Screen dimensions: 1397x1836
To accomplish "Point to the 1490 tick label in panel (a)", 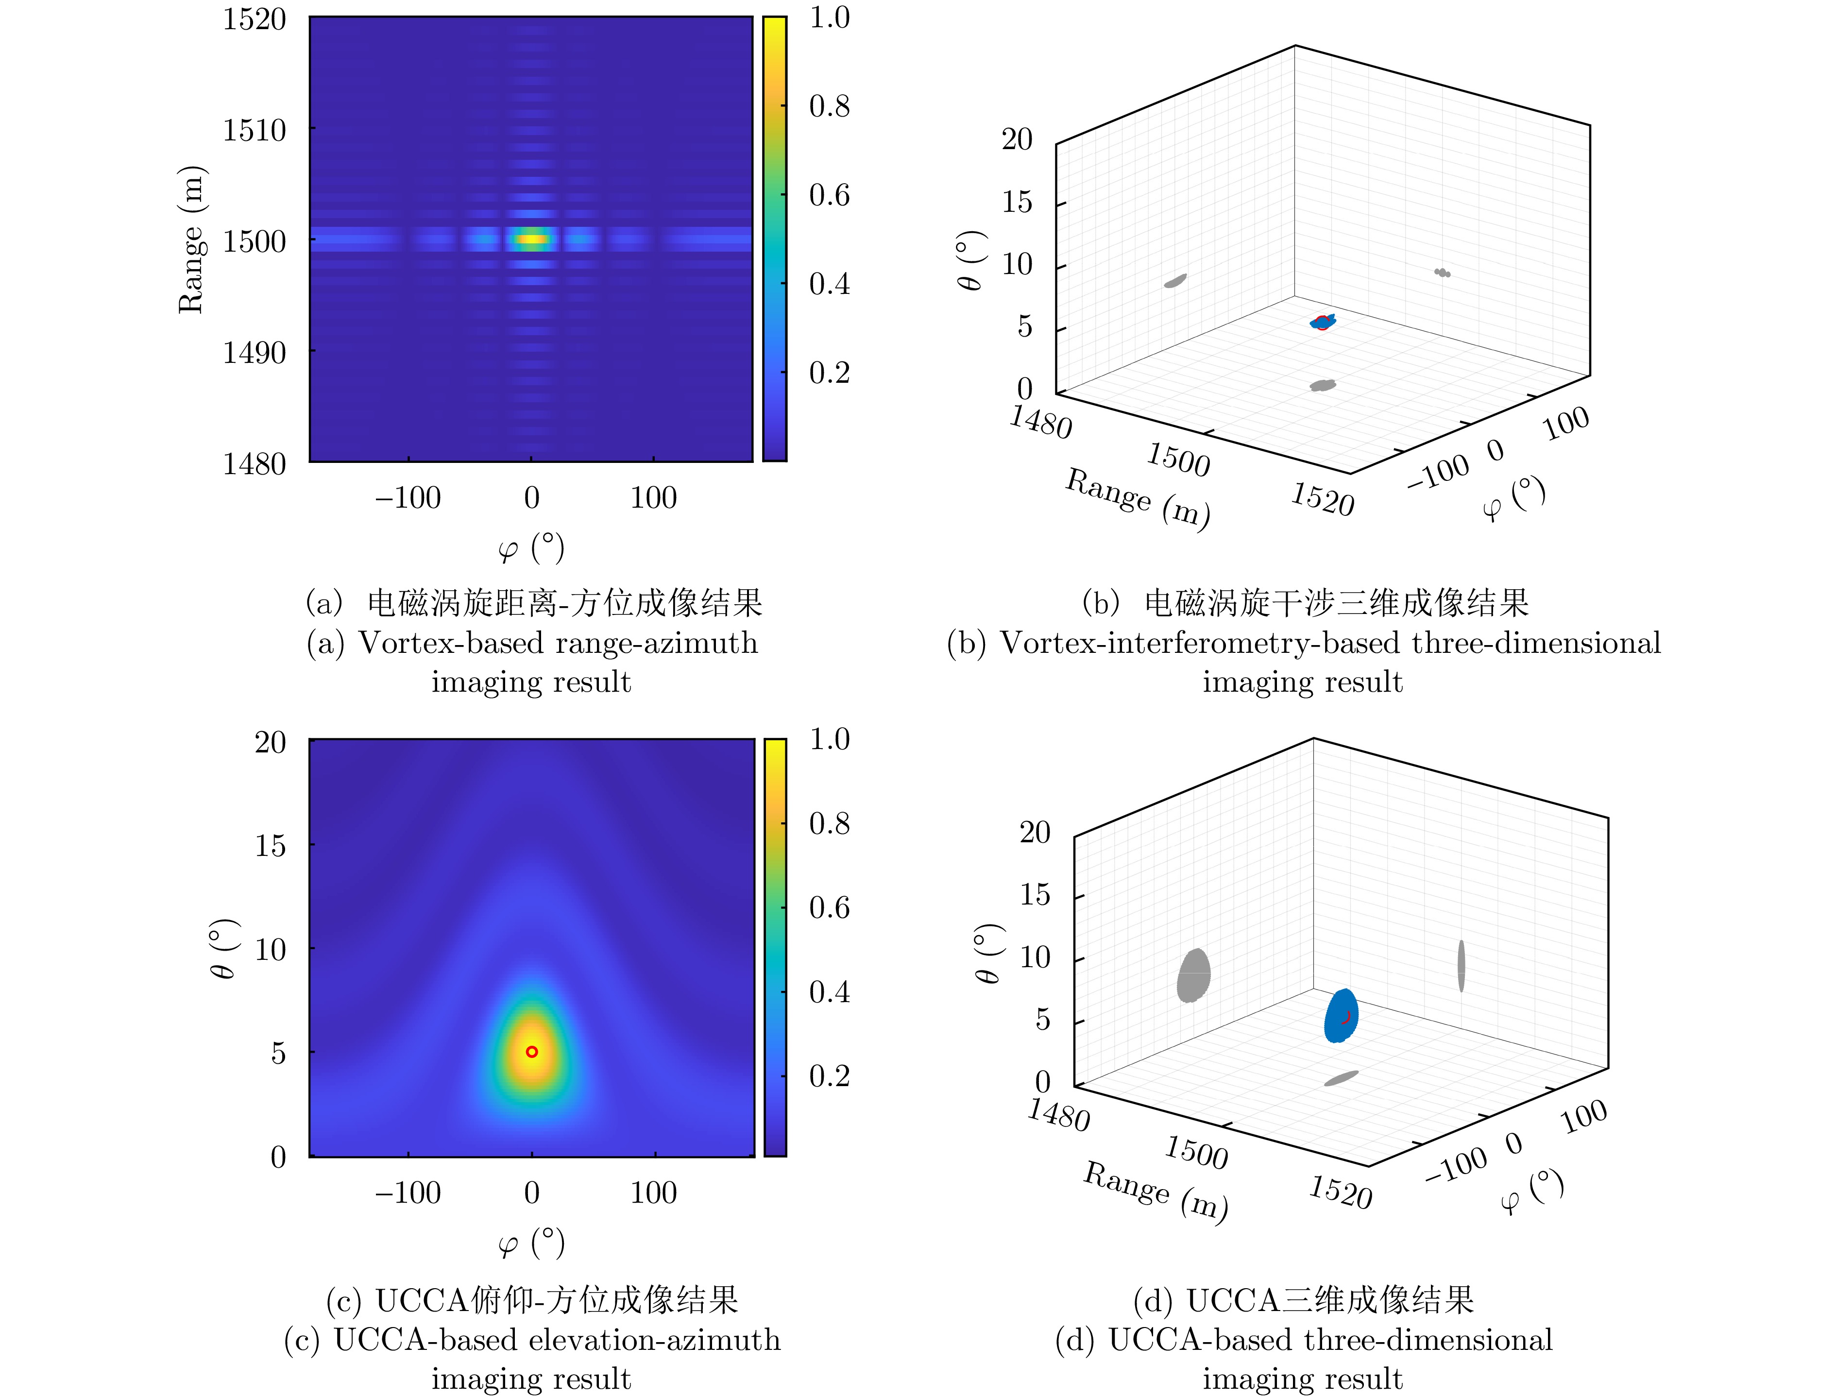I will (x=254, y=353).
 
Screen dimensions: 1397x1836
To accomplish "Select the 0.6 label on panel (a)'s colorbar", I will (x=829, y=195).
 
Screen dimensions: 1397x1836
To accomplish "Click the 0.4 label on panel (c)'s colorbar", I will (x=829, y=991).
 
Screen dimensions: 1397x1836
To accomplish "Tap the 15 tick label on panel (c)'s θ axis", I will (x=270, y=846).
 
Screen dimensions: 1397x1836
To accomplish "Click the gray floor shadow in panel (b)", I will (x=1322, y=385).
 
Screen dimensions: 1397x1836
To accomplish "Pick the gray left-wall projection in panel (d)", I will (x=1193, y=975).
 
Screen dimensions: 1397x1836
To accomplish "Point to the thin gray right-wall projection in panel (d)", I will (x=1461, y=966).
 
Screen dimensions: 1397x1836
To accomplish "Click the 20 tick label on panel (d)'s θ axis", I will (x=1035, y=833).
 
